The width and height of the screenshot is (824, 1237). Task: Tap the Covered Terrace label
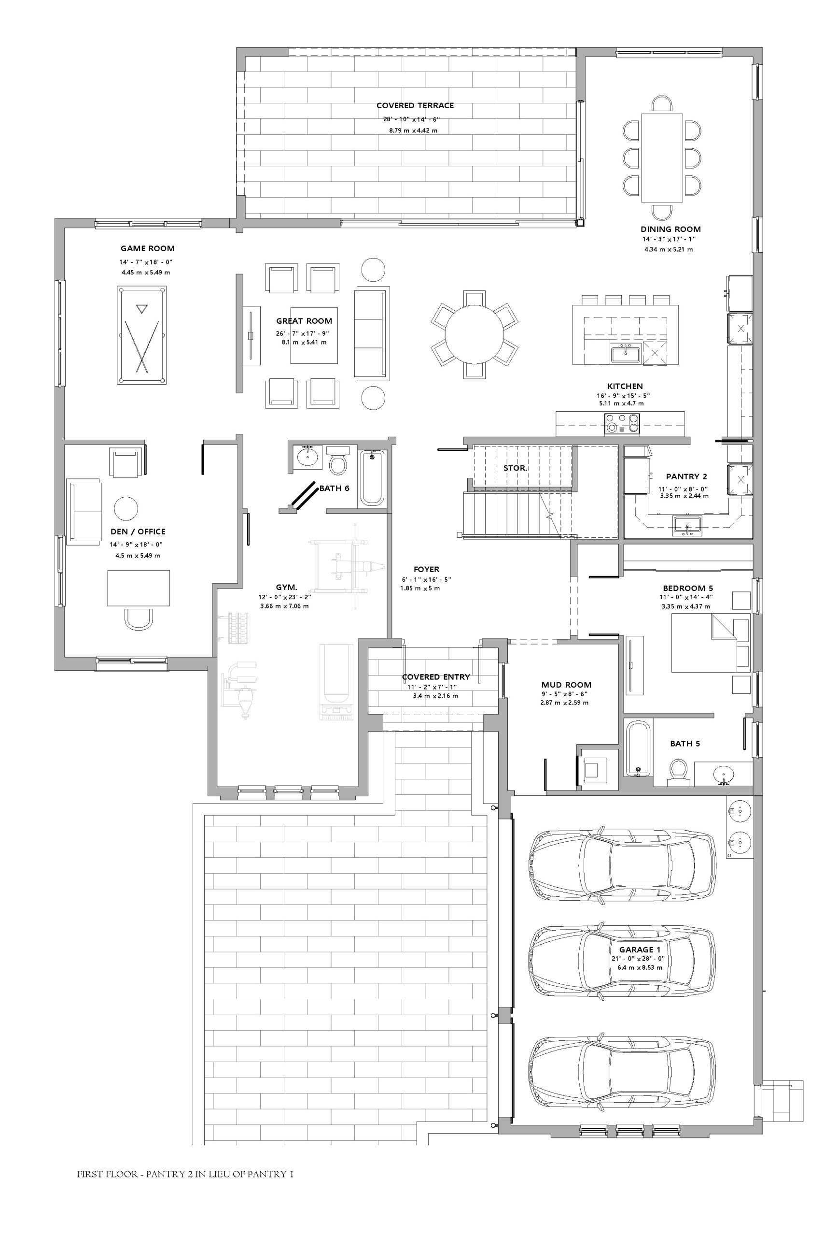pyautogui.click(x=415, y=106)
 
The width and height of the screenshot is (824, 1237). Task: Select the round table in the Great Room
pyautogui.click(x=474, y=334)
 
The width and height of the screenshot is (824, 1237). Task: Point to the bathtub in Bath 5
pyautogui.click(x=638, y=748)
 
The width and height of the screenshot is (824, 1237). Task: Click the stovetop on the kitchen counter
pyautogui.click(x=622, y=423)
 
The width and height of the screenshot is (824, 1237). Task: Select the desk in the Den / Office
pyautogui.click(x=139, y=588)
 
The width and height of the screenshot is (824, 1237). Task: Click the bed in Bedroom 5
pyautogui.click(x=711, y=643)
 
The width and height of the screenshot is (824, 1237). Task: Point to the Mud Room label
pyautogui.click(x=567, y=685)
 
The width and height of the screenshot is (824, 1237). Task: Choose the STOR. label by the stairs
pyautogui.click(x=515, y=468)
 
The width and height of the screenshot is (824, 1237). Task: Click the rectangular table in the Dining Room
pyautogui.click(x=662, y=158)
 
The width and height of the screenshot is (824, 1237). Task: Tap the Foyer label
pyautogui.click(x=426, y=569)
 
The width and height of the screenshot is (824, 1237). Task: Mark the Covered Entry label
pyautogui.click(x=435, y=677)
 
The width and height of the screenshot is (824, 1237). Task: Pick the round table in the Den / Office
pyautogui.click(x=126, y=509)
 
